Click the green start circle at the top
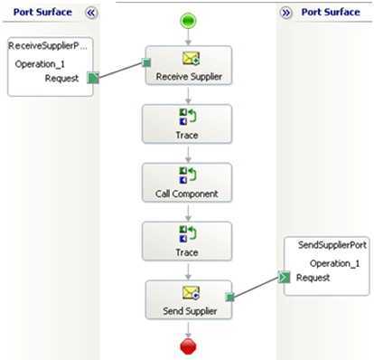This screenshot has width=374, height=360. pos(187,20)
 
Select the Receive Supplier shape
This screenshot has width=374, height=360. pos(187,67)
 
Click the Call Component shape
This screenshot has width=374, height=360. pos(187,184)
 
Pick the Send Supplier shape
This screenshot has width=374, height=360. pos(187,300)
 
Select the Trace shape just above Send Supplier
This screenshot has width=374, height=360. pos(187,242)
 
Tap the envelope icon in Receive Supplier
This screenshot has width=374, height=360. pos(187,58)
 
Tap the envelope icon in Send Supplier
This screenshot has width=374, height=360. pos(187,291)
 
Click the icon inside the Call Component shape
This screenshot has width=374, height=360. pos(187,175)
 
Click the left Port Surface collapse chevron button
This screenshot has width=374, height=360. pos(90,13)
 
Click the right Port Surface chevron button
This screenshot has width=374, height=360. pos(285,13)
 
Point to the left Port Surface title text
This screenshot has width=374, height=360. pos(42,13)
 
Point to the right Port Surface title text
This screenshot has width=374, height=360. pos(331,13)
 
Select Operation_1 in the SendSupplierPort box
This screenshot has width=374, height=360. pos(334,262)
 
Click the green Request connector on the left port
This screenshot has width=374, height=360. pos(93,78)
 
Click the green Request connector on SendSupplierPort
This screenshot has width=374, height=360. pos(284,276)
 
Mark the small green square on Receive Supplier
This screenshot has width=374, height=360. pos(144,62)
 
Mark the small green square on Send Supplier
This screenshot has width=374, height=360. pos(229,296)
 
